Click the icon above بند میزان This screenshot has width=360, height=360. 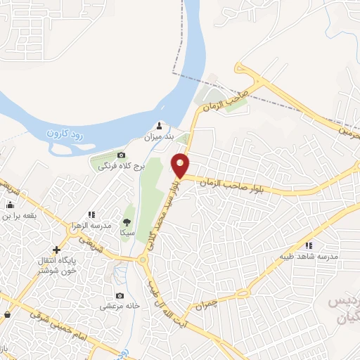pyautogui.click(x=159, y=126)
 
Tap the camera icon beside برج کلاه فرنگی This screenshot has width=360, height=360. pyautogui.click(x=122, y=155)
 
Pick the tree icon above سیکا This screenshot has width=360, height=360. pyautogui.click(x=127, y=219)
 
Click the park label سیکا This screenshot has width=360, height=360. pyautogui.click(x=127, y=231)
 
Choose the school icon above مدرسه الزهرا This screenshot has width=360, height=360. pyautogui.click(x=91, y=214)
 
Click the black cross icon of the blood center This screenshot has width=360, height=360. pyautogui.click(x=56, y=250)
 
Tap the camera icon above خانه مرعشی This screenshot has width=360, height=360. pyautogui.click(x=120, y=295)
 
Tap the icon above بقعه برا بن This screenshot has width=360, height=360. pyautogui.click(x=10, y=205)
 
